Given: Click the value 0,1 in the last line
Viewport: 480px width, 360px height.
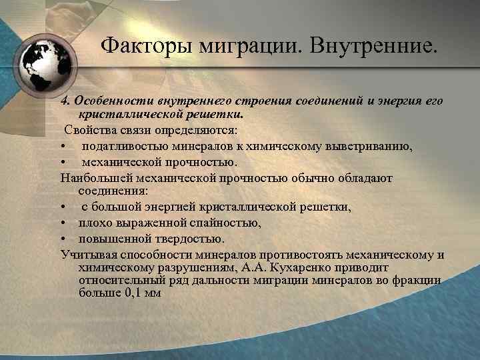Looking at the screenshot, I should point(129,291).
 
